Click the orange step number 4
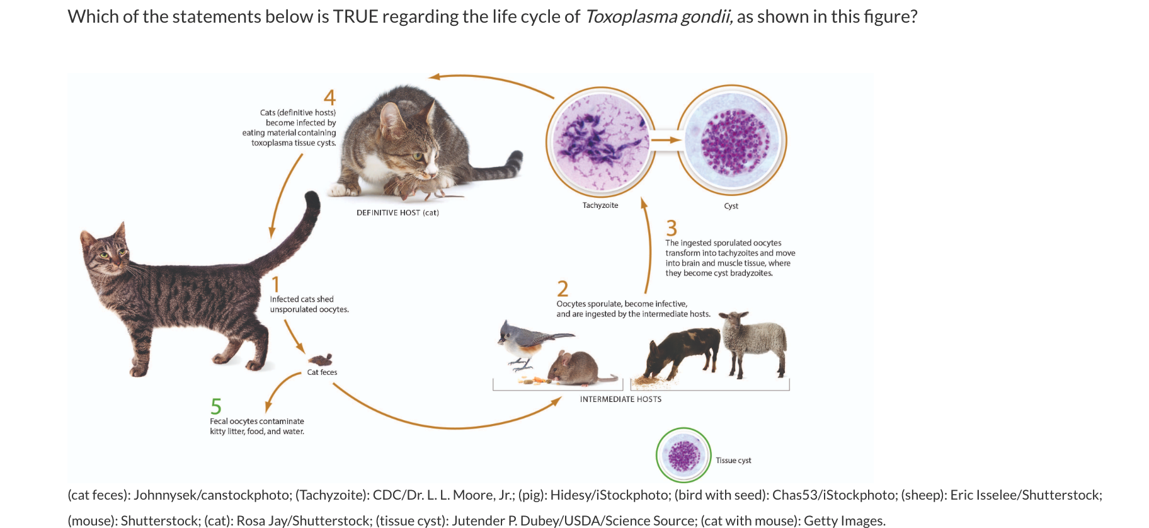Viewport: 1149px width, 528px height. point(329,98)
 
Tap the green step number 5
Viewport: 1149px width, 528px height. point(216,406)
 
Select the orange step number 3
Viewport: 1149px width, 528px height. point(672,227)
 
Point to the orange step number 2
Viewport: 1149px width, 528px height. point(563,289)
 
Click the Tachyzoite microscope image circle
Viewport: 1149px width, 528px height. point(600,141)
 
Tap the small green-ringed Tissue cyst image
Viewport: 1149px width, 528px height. point(683,455)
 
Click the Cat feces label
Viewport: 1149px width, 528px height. point(322,372)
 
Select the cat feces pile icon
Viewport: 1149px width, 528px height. point(321,360)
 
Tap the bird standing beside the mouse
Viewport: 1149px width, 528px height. point(523,344)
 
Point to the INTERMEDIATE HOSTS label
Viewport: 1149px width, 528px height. point(620,399)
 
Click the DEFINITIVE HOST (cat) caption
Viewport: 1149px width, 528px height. point(397,213)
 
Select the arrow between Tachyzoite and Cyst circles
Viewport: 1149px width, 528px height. point(666,140)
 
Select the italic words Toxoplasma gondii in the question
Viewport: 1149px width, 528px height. point(658,16)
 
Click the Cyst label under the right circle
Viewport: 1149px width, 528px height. point(731,206)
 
